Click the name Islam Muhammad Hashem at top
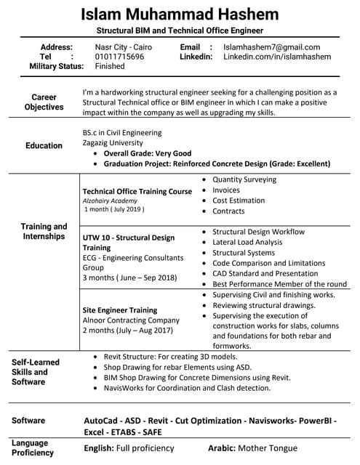click(179, 15)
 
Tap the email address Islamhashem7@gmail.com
click(271, 46)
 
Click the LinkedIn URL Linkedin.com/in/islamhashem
click(276, 56)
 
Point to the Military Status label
click(56, 66)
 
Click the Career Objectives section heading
click(44, 102)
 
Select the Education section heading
click(44, 145)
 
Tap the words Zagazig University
click(113, 143)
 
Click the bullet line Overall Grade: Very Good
click(147, 153)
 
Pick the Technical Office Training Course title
click(137, 191)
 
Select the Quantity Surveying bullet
click(244, 179)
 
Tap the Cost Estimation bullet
click(239, 201)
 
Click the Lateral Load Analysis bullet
click(247, 242)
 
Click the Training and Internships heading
click(44, 231)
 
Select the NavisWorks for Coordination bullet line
click(187, 388)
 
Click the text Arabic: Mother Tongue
click(250, 448)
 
